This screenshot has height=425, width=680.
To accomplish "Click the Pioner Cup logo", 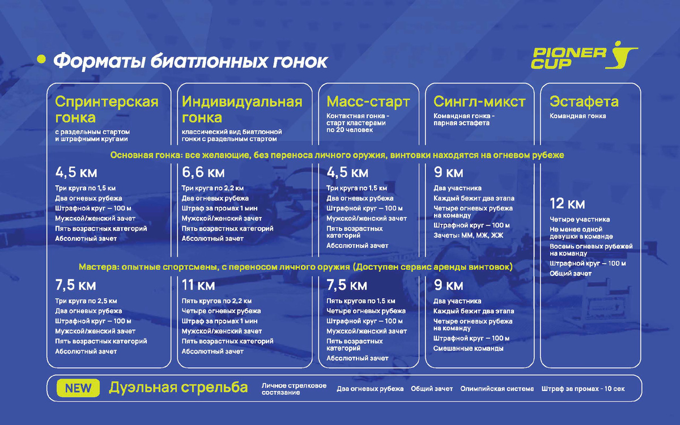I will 584,57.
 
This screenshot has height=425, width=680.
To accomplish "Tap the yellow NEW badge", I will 78,388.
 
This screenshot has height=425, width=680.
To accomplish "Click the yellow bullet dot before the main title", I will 40,59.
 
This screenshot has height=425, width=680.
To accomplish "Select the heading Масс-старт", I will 368,102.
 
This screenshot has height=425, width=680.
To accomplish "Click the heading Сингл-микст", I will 479,102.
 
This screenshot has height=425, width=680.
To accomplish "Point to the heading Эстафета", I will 584,102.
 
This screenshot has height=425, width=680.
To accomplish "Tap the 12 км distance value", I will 567,204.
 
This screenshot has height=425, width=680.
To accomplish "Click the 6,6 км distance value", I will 203,172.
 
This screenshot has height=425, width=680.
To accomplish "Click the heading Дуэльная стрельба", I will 178,388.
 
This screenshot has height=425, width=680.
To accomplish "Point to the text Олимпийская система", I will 497,389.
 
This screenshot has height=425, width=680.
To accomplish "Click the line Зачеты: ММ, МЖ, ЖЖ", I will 468,235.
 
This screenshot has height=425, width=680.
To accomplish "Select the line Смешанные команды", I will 468,348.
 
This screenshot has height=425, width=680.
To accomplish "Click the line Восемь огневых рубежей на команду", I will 591,250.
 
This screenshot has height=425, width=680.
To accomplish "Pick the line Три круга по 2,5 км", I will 86,301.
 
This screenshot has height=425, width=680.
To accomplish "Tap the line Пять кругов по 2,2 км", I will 216,301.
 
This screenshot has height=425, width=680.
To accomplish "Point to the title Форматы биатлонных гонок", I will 190,61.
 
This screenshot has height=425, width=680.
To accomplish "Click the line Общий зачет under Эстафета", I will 570,274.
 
